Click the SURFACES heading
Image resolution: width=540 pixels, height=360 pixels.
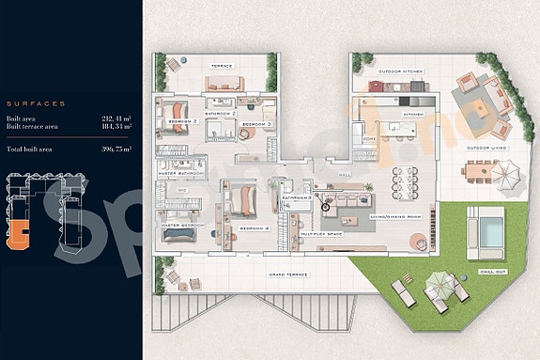pos(35,102)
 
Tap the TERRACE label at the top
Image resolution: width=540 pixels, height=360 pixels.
pos(221,67)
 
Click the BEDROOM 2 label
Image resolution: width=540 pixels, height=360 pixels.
pos(180,122)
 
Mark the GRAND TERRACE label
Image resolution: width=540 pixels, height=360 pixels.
pos(289,274)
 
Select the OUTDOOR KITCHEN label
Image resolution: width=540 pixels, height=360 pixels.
pos(401,71)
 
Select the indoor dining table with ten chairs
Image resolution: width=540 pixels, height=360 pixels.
pos(407,179)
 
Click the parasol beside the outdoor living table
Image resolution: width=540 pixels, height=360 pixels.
pos(506,174)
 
